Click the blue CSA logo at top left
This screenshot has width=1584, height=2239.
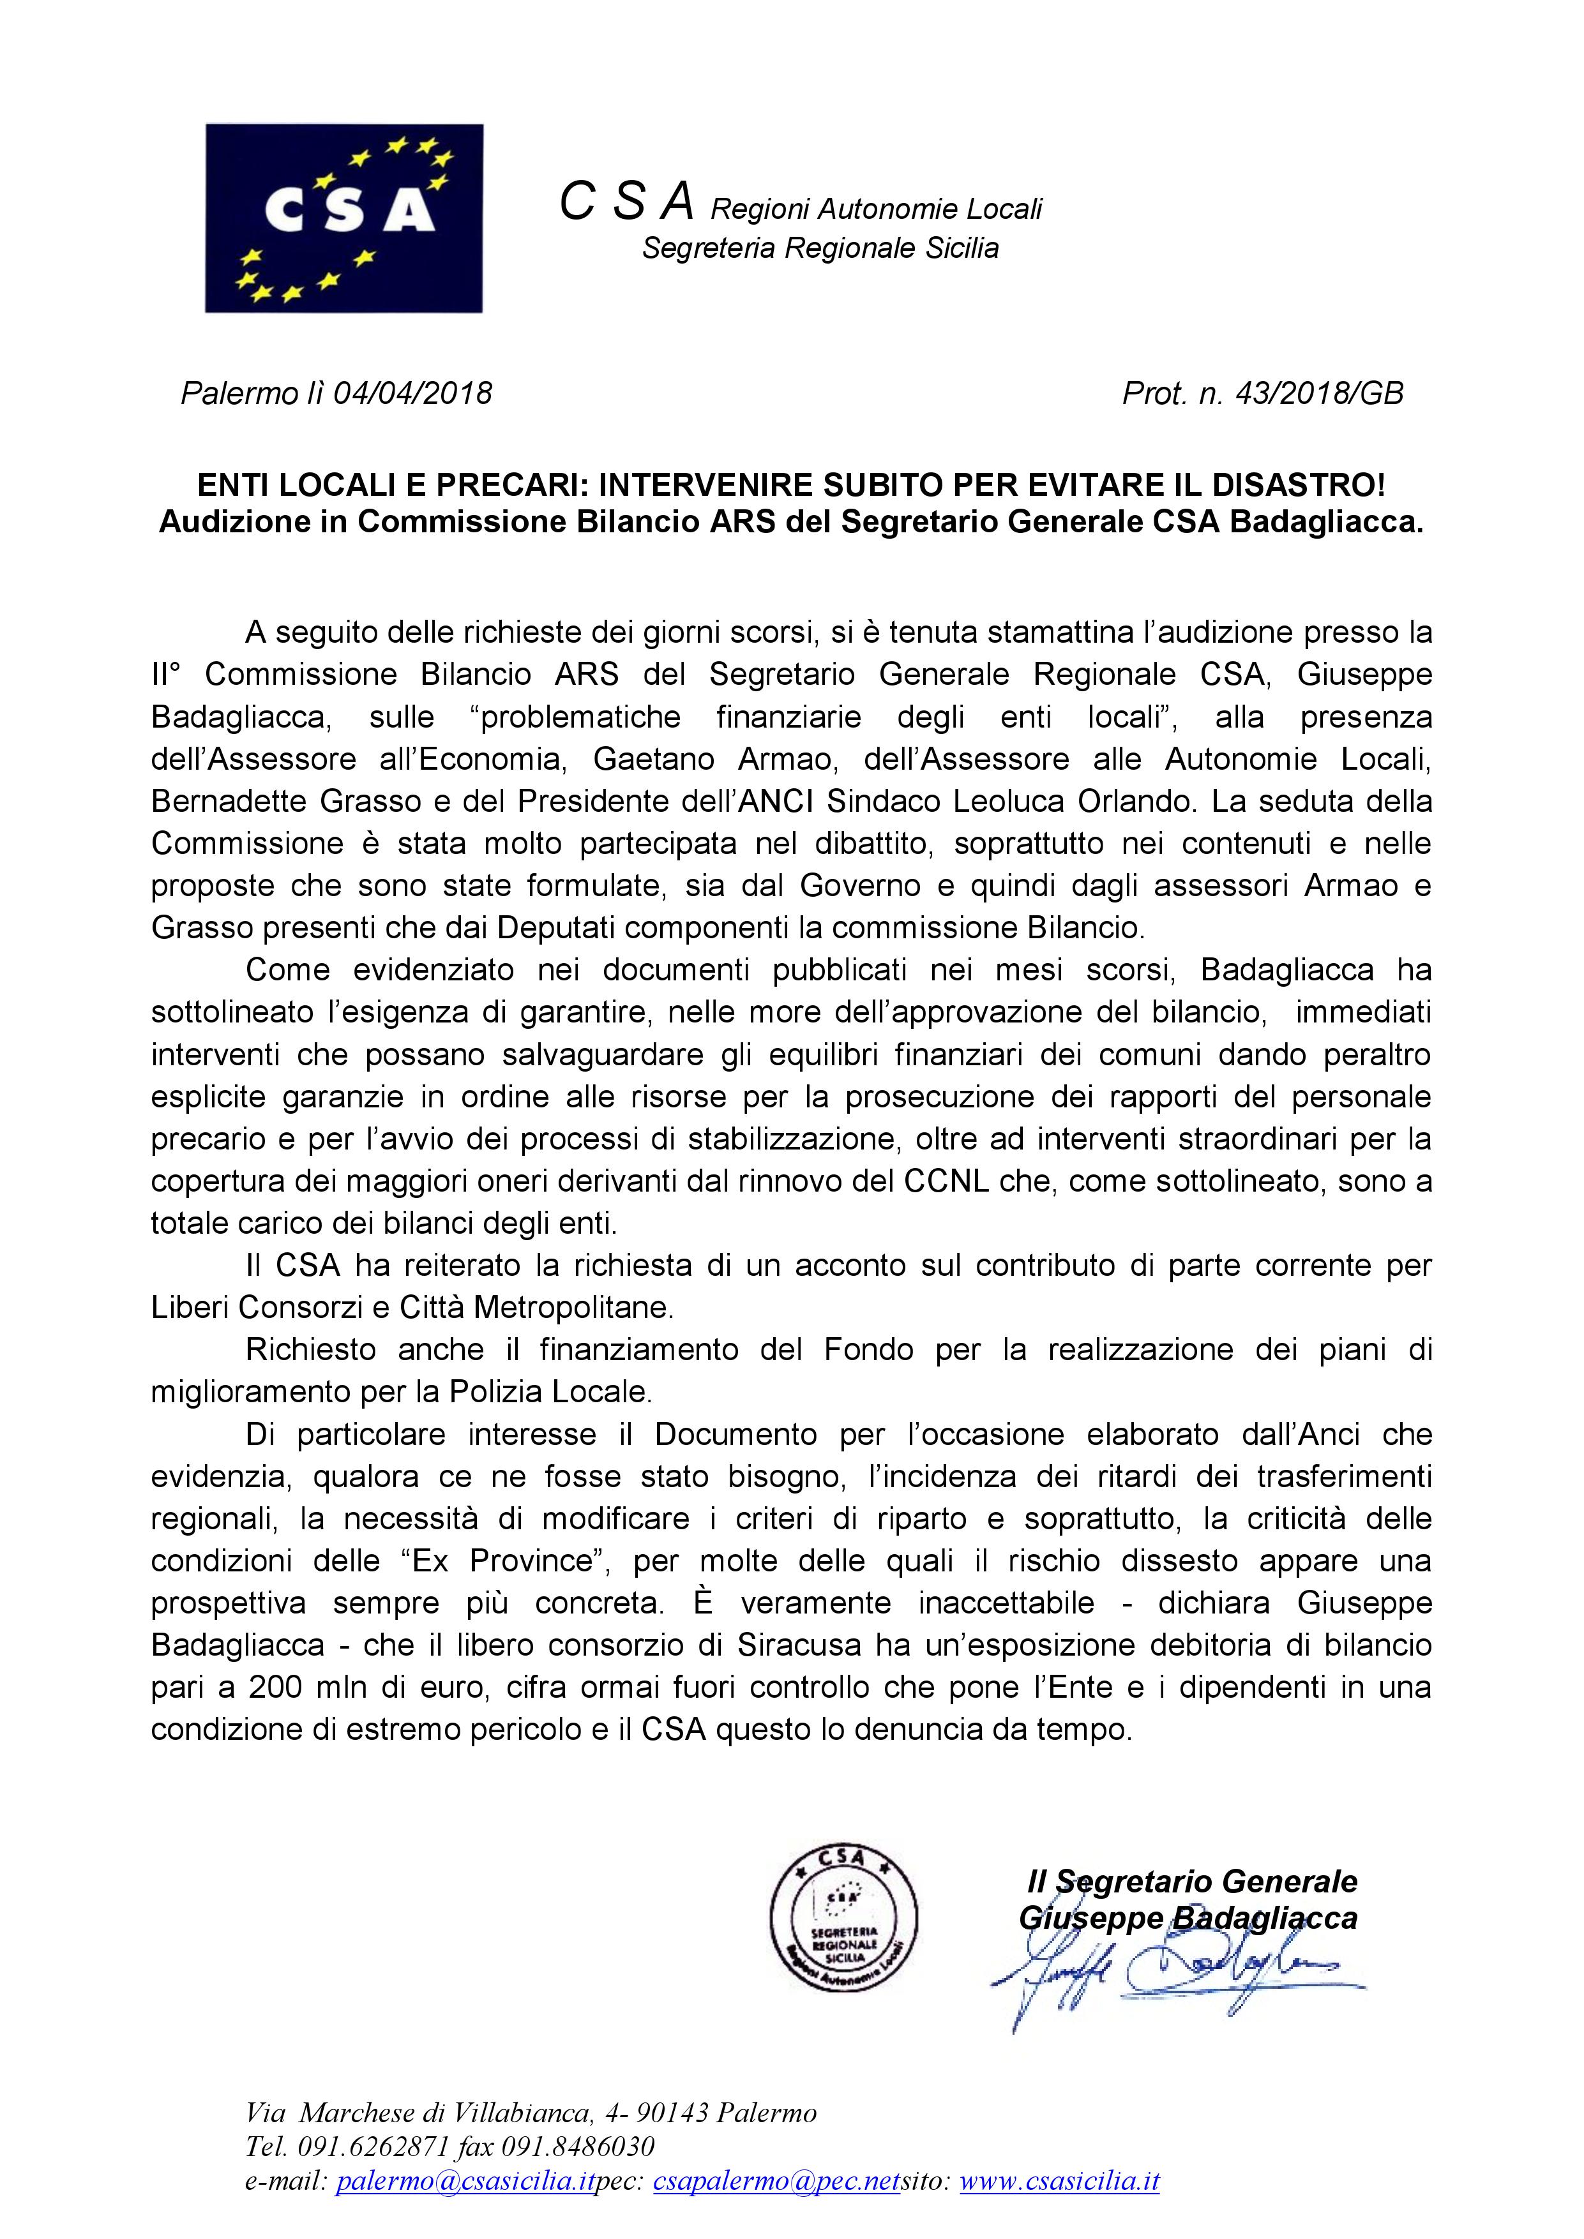coord(343,218)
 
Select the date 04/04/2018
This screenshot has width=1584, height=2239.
coord(412,393)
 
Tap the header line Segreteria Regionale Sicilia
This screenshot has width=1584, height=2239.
coord(820,249)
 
